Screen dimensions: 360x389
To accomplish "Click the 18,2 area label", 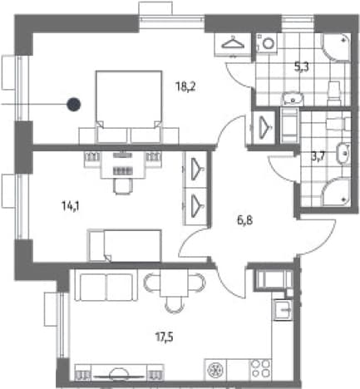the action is point(185,87).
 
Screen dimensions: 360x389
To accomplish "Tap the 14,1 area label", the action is point(71,206).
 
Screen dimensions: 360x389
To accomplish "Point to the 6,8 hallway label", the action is point(245,221).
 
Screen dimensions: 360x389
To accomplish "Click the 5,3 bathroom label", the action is point(302,67).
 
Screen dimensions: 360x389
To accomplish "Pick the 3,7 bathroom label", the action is point(318,157).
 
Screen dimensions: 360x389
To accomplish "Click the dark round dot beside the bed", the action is point(74,105).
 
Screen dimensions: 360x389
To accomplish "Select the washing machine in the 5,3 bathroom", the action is point(267,43).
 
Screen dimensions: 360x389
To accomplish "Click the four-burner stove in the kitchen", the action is point(261,369).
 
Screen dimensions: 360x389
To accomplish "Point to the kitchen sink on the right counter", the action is point(283,310).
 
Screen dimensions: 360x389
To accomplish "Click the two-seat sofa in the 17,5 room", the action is point(106,287).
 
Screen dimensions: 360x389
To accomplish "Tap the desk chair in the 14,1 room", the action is point(122,185).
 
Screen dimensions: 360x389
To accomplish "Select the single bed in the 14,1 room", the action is point(125,245).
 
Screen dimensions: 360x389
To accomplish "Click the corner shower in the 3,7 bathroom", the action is point(335,192).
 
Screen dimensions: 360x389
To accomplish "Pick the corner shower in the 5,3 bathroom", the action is point(335,47).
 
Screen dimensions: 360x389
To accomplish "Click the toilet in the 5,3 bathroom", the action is point(334,93).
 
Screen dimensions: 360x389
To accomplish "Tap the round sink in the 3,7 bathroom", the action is point(343,153).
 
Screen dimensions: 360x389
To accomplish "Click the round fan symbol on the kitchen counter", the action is point(215,369).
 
